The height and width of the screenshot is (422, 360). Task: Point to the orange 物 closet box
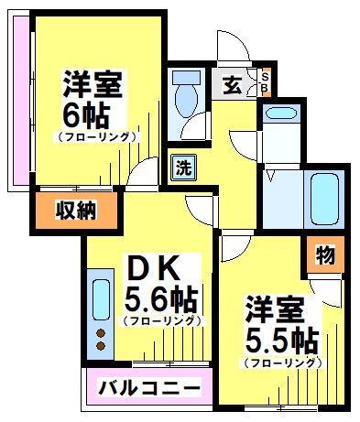click(323, 255)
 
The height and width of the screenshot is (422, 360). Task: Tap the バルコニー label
click(148, 388)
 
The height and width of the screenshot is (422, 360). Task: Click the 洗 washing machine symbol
click(184, 168)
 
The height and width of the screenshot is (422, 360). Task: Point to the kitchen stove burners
click(100, 341)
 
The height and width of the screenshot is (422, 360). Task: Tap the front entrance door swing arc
click(231, 46)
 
